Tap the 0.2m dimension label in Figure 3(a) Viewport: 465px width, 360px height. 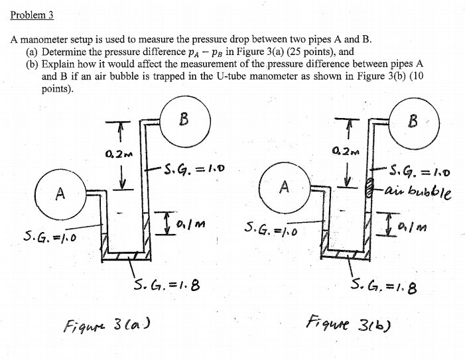(x=116, y=156)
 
